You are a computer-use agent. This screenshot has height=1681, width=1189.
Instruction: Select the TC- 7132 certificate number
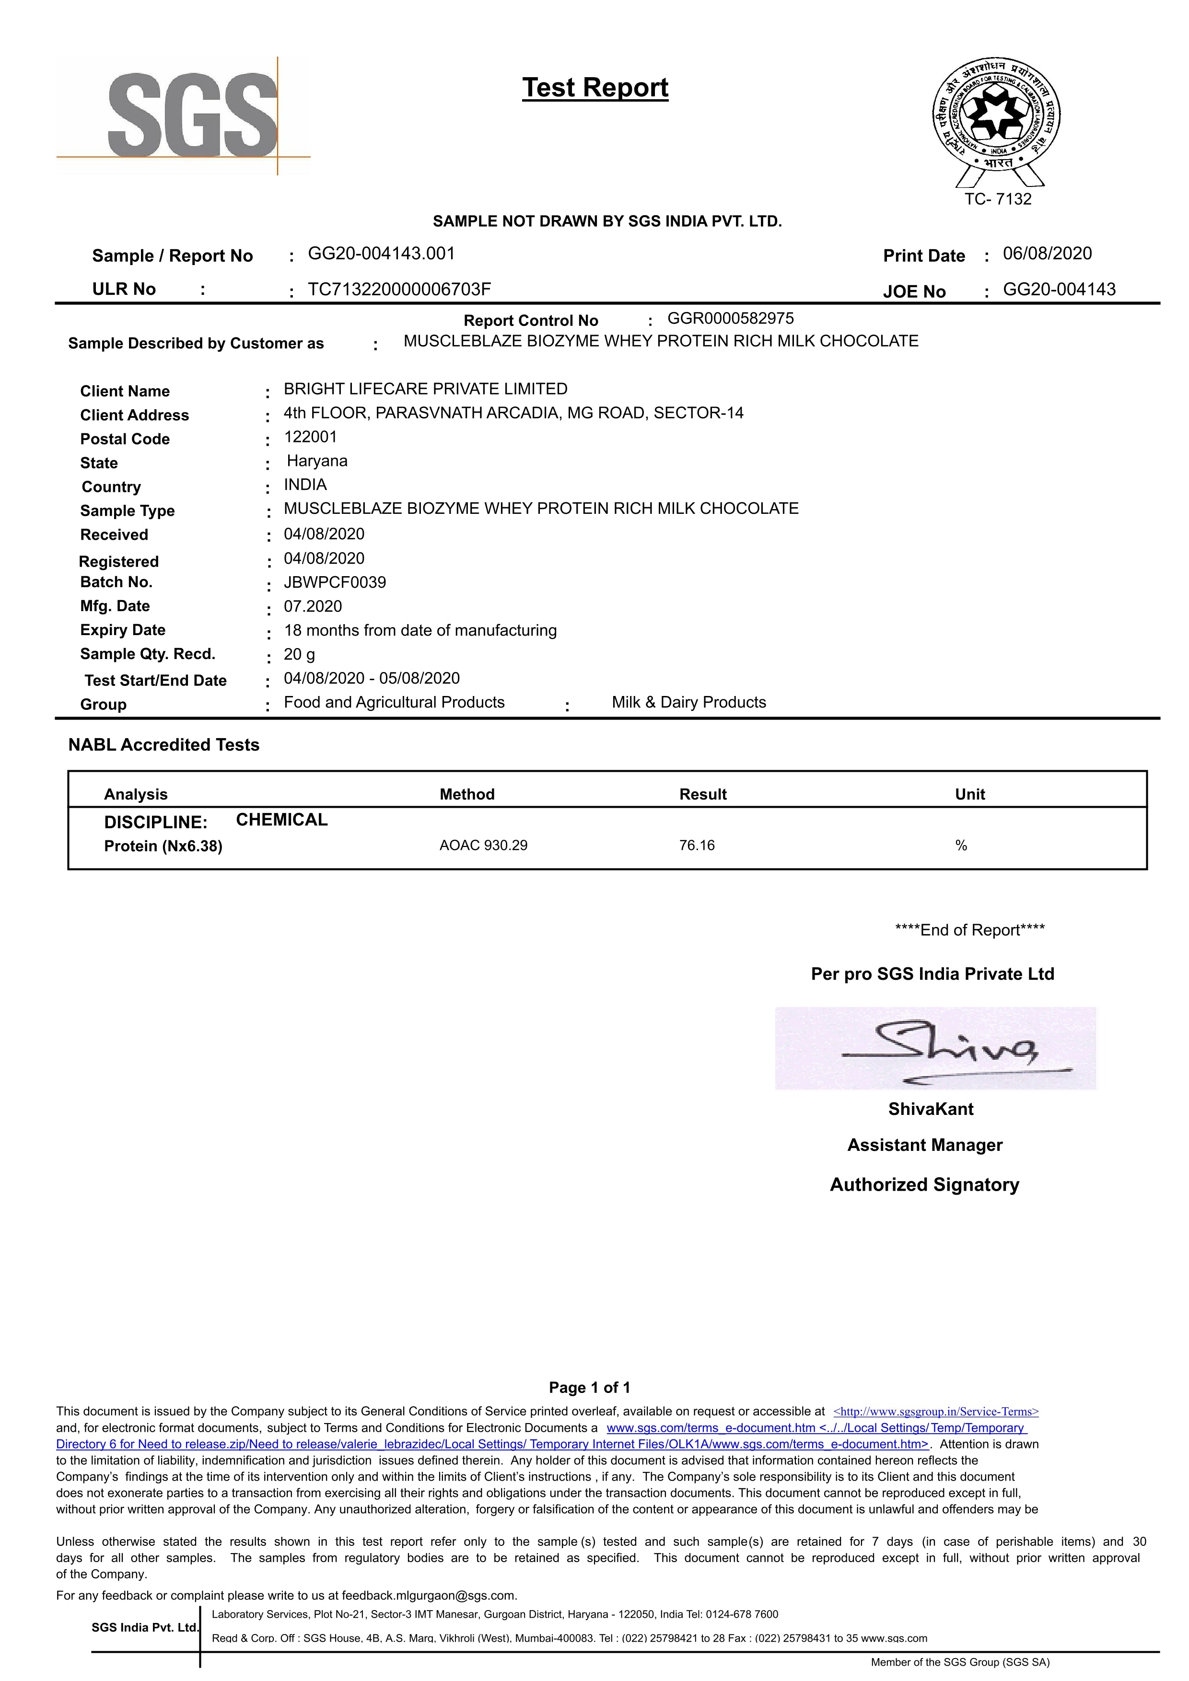(x=997, y=199)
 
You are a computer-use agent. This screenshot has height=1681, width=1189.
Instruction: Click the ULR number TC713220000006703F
(x=399, y=289)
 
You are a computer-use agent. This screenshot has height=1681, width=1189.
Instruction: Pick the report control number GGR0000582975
(x=730, y=318)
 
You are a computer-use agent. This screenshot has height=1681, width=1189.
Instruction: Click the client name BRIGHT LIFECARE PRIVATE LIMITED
(x=425, y=389)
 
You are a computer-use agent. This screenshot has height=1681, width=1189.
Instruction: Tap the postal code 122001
(x=310, y=437)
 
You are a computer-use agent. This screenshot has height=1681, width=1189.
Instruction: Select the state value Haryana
(x=317, y=461)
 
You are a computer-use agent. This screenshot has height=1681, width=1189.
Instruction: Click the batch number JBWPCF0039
(x=335, y=583)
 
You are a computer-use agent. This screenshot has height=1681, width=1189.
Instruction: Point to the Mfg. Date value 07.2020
(x=313, y=606)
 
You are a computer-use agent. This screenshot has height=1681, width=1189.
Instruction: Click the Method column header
(x=466, y=794)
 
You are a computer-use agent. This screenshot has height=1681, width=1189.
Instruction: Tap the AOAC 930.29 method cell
(x=483, y=846)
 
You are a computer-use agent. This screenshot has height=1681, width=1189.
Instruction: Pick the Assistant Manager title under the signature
(x=925, y=1145)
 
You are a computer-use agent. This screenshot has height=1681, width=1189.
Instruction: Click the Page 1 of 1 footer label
(x=589, y=1388)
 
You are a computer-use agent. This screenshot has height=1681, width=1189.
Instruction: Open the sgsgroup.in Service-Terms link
(x=936, y=1412)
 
